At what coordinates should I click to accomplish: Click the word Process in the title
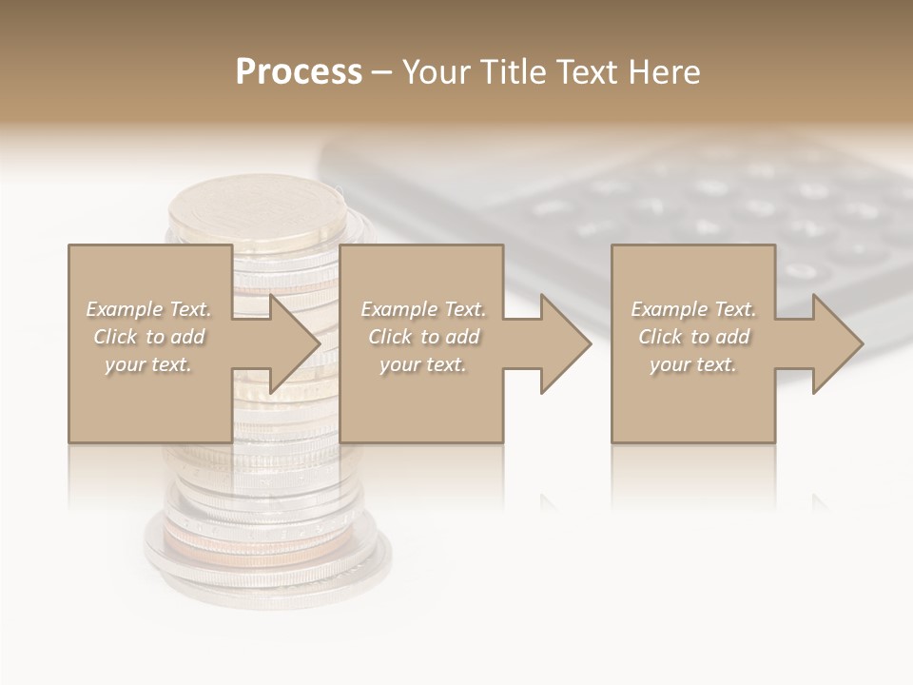tap(299, 72)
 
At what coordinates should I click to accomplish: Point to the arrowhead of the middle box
tap(565, 343)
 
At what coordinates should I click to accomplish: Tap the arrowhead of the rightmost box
tap(837, 343)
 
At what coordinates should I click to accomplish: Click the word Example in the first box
tap(122, 309)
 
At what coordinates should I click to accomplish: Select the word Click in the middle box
tap(388, 337)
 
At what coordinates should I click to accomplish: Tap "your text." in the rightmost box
tap(693, 364)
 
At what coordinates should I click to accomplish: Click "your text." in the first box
tap(148, 364)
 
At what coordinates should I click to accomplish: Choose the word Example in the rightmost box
tap(667, 309)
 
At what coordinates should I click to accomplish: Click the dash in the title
tap(381, 72)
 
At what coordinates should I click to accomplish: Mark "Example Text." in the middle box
tap(423, 309)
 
